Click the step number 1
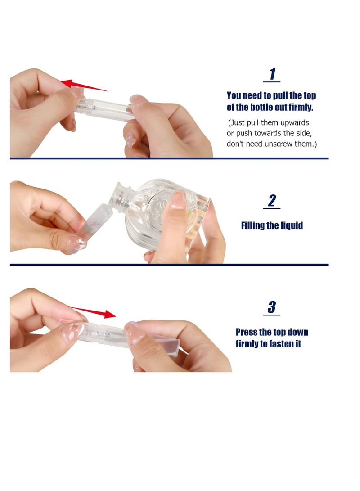click(x=272, y=74)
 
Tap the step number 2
click(x=272, y=201)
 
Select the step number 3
click(x=272, y=307)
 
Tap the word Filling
click(x=252, y=226)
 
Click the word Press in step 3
click(x=246, y=332)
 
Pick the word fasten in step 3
click(x=282, y=344)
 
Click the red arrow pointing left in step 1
click(x=84, y=86)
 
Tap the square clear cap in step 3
click(x=166, y=343)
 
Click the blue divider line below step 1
click(x=169, y=158)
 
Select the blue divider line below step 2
click(x=169, y=265)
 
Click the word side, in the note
click(x=304, y=134)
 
